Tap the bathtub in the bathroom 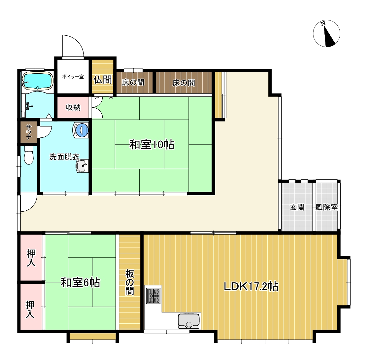[37, 81]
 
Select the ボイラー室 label [73, 77]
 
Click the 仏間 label [103, 80]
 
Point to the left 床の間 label [133, 83]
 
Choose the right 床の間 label [184, 83]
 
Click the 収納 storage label [73, 107]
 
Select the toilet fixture [29, 155]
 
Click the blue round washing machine [82, 130]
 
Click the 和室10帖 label [151, 145]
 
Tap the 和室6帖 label [81, 283]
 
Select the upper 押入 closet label [31, 258]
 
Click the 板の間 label [130, 282]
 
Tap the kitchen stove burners [154, 295]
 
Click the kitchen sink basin [189, 320]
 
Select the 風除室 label [326, 208]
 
